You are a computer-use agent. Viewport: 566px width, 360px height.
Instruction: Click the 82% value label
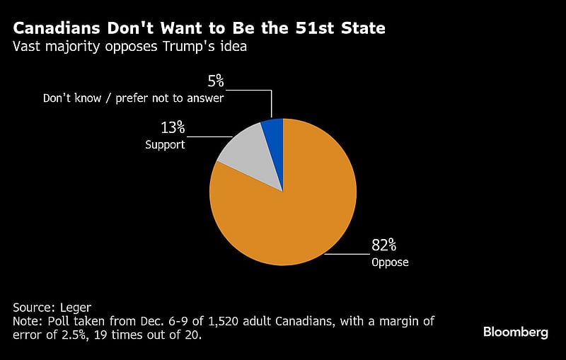click(384, 245)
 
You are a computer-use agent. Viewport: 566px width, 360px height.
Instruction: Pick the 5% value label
click(216, 80)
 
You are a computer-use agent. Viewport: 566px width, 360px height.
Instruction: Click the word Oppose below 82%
click(390, 262)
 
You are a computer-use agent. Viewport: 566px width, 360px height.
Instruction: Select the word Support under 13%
click(165, 145)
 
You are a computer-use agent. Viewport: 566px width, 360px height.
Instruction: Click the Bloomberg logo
click(515, 332)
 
